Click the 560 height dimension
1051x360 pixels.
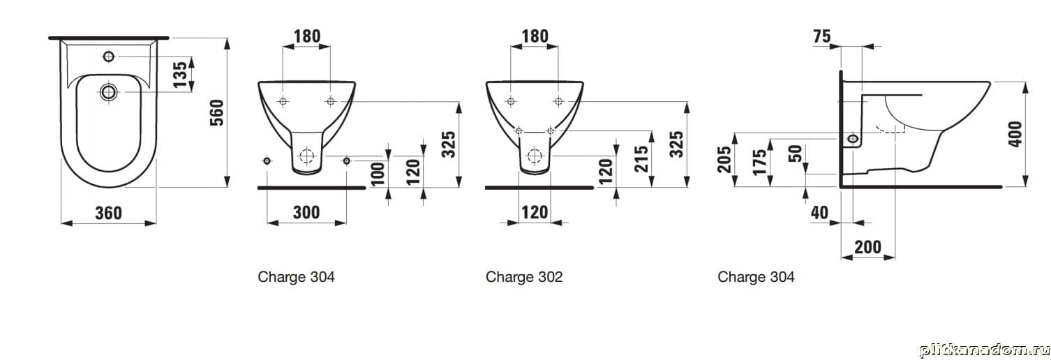(x=217, y=112)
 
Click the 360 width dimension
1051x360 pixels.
(x=108, y=213)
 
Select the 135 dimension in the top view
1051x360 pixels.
(x=179, y=74)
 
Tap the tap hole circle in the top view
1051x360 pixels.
(x=108, y=57)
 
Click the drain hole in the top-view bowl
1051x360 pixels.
(x=108, y=92)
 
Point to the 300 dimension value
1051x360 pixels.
(x=306, y=213)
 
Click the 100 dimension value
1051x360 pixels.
(x=378, y=174)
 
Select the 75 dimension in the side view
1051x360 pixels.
(x=821, y=36)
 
